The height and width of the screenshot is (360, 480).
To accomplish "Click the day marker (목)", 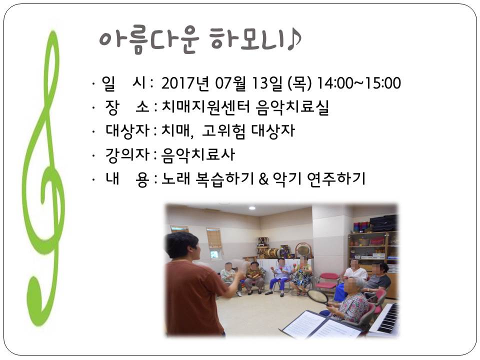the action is click(299, 83).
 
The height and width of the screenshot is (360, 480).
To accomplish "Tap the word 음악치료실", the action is click(292, 107).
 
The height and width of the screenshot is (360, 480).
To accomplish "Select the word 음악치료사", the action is click(198, 154).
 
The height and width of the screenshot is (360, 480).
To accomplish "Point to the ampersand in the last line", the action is click(263, 179).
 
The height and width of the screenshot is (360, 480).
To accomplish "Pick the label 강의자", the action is click(127, 154).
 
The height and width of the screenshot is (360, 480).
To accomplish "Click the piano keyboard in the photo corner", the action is click(384, 318).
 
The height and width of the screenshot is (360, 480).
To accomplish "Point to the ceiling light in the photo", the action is click(252, 208).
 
